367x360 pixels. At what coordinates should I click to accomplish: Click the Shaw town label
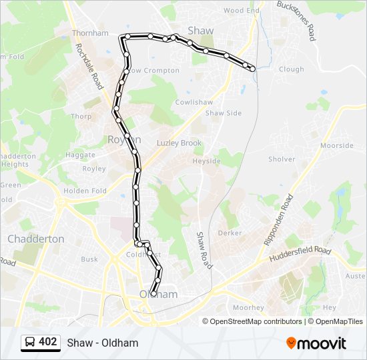(x=201, y=31)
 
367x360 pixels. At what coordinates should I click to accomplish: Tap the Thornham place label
(x=89, y=33)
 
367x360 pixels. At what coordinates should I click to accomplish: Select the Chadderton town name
(x=35, y=239)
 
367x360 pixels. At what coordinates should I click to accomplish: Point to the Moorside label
(x=337, y=145)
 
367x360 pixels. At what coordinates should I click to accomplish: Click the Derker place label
(x=230, y=233)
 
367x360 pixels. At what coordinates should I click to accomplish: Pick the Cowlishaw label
(x=194, y=102)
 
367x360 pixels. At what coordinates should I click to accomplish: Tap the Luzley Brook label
(x=179, y=143)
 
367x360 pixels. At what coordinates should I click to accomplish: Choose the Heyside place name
(x=206, y=161)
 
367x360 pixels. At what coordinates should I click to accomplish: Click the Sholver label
(x=281, y=159)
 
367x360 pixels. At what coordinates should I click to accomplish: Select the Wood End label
(x=241, y=11)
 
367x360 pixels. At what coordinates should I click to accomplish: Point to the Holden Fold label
(x=85, y=191)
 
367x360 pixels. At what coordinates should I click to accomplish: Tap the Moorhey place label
(x=248, y=308)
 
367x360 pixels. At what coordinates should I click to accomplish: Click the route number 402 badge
(x=40, y=342)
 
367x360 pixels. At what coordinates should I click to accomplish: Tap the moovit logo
(x=316, y=343)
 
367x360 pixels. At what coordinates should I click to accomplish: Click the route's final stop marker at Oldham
(x=154, y=293)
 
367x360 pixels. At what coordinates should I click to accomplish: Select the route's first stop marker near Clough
(x=252, y=68)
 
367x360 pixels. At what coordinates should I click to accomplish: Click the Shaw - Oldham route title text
(x=103, y=343)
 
